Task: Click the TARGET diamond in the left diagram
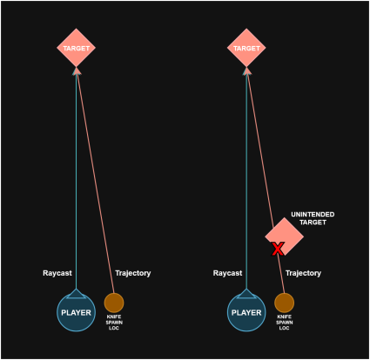coord(76,48)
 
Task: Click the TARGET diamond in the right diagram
coord(246,48)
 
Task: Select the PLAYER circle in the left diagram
coord(76,312)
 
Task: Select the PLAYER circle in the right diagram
coord(246,312)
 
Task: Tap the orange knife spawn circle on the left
coord(114,303)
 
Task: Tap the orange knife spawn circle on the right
coord(285,303)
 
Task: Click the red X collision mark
coord(278,249)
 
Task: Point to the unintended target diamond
coord(285,237)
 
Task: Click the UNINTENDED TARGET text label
coord(313,218)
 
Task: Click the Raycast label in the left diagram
coord(57,273)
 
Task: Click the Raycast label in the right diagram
coord(227,273)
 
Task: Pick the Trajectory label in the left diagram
coord(133,273)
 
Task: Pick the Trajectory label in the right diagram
coord(303,273)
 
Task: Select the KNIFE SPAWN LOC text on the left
coord(114,323)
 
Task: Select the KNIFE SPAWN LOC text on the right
coord(284,323)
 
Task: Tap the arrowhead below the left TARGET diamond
coord(77,71)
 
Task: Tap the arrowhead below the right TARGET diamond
coord(246,71)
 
